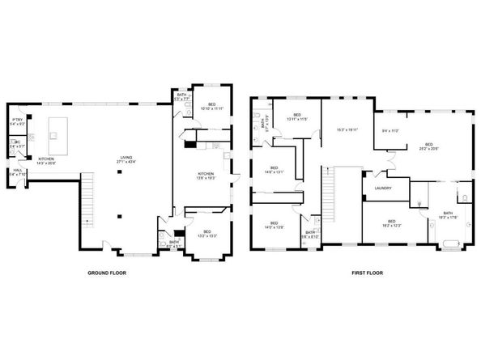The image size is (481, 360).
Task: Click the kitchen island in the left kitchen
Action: (x=57, y=128)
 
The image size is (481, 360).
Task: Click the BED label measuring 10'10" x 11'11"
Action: (x=212, y=106)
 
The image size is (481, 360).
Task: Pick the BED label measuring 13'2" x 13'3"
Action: (x=207, y=233)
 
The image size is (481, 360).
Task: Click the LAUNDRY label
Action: (x=383, y=188)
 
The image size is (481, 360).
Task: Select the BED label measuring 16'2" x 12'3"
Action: (x=391, y=223)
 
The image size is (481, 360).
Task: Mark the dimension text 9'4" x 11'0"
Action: (x=390, y=130)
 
